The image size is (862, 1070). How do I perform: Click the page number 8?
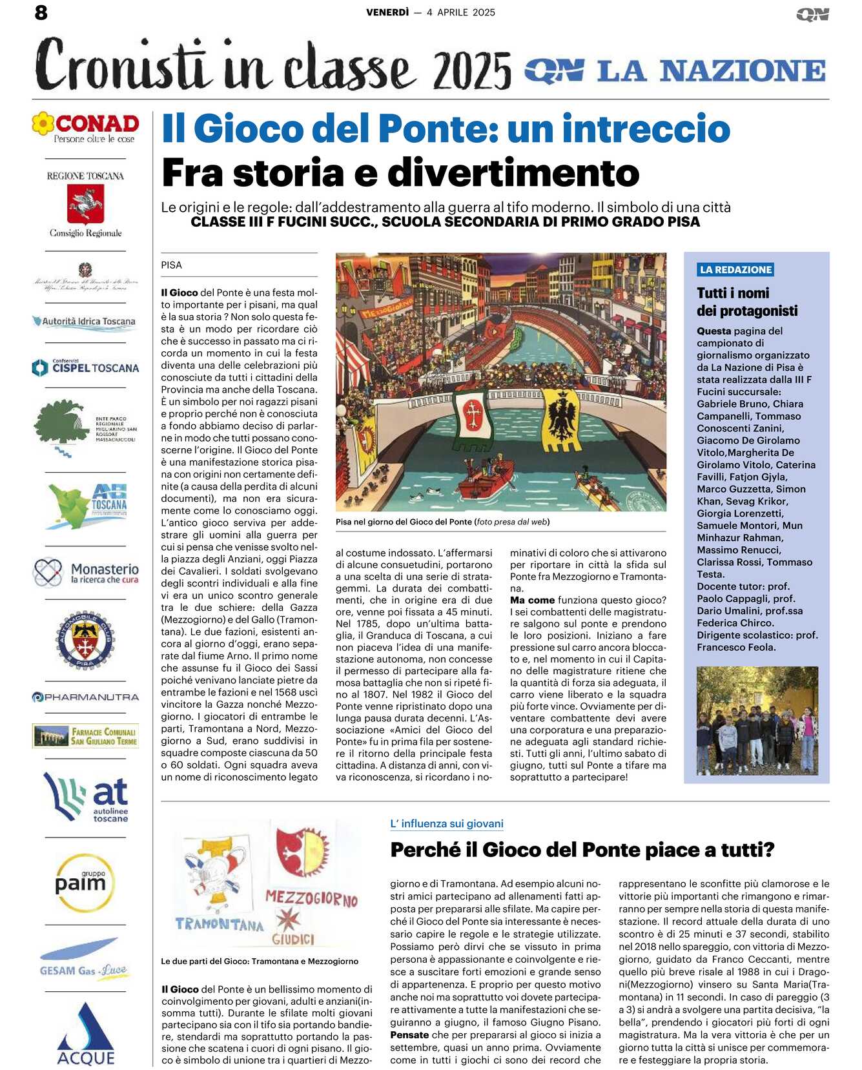(x=41, y=13)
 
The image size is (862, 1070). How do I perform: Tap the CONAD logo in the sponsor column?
(x=86, y=127)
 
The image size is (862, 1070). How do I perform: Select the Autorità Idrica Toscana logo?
(x=85, y=322)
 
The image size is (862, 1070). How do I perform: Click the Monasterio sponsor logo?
(x=87, y=572)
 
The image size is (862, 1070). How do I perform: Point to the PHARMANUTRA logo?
(x=86, y=697)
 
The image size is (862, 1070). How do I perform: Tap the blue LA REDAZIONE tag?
(x=735, y=270)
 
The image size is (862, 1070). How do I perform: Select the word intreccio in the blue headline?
(x=646, y=129)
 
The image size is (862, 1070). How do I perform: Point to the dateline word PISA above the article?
(x=172, y=265)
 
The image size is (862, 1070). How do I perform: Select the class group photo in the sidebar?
(x=757, y=721)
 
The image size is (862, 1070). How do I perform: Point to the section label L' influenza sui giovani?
(x=447, y=824)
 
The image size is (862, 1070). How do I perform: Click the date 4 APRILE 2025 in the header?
(x=460, y=12)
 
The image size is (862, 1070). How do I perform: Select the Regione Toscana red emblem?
(x=86, y=203)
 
